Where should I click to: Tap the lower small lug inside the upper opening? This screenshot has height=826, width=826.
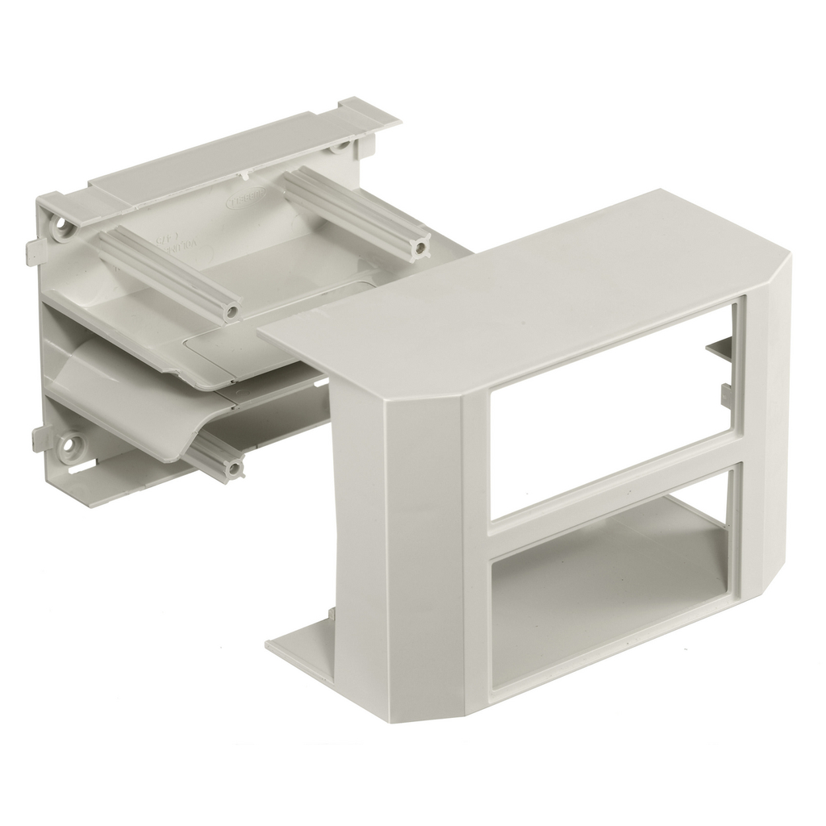tap(725, 395)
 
